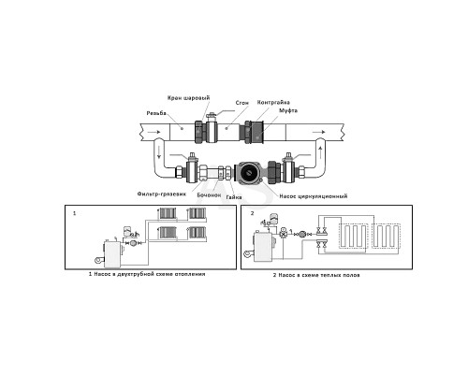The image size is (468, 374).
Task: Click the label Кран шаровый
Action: click(x=189, y=98)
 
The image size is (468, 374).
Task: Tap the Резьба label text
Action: click(x=156, y=113)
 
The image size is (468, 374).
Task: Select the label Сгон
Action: click(x=242, y=103)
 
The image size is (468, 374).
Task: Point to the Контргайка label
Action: click(x=273, y=102)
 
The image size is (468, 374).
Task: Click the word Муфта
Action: click(x=288, y=110)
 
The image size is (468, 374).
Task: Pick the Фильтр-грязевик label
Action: click(x=162, y=194)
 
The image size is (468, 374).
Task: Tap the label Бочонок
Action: click(x=209, y=195)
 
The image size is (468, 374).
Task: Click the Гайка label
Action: click(x=234, y=197)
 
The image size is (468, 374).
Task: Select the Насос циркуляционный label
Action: click(x=314, y=196)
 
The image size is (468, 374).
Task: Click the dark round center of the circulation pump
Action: click(x=249, y=171)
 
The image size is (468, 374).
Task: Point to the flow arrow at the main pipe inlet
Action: click(x=154, y=132)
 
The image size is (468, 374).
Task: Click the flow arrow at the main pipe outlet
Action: click(x=319, y=132)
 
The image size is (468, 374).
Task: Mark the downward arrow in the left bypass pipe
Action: click(x=158, y=151)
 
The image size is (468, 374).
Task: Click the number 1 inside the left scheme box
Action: click(x=74, y=213)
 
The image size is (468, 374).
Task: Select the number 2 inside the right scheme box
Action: click(x=253, y=213)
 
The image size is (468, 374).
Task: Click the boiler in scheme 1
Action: click(x=112, y=254)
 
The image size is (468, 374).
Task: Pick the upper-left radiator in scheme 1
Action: click(x=168, y=213)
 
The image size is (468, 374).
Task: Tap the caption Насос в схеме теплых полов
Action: click(x=319, y=275)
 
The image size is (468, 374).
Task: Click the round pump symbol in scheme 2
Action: click(x=303, y=234)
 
